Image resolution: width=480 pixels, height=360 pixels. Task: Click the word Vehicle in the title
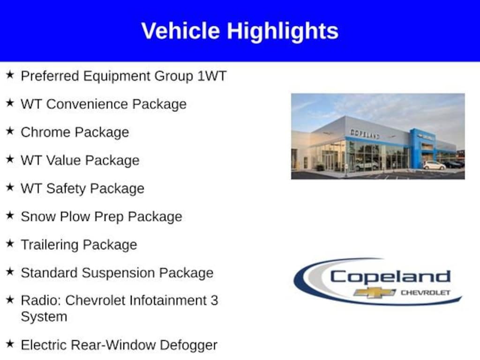(180, 30)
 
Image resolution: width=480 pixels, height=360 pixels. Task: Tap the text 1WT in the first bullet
(212, 76)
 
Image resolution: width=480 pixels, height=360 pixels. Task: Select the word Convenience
(87, 104)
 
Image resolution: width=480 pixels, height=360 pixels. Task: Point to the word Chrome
(45, 132)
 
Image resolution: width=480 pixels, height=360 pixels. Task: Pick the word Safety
(66, 189)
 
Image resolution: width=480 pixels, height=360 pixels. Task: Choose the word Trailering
(50, 245)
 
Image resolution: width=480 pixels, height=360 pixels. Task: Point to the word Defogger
(188, 345)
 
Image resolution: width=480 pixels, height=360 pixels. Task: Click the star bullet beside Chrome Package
(10, 131)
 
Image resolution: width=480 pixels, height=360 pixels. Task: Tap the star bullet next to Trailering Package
(10, 243)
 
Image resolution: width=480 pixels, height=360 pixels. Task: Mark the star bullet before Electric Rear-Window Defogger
(10, 344)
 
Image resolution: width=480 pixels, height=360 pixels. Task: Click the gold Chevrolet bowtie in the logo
(375, 292)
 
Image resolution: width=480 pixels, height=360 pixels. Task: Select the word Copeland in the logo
(390, 277)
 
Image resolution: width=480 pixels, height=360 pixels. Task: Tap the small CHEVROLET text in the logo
(426, 292)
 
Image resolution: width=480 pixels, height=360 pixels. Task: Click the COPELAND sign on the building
(365, 134)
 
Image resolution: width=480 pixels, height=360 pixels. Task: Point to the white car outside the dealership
(434, 165)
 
